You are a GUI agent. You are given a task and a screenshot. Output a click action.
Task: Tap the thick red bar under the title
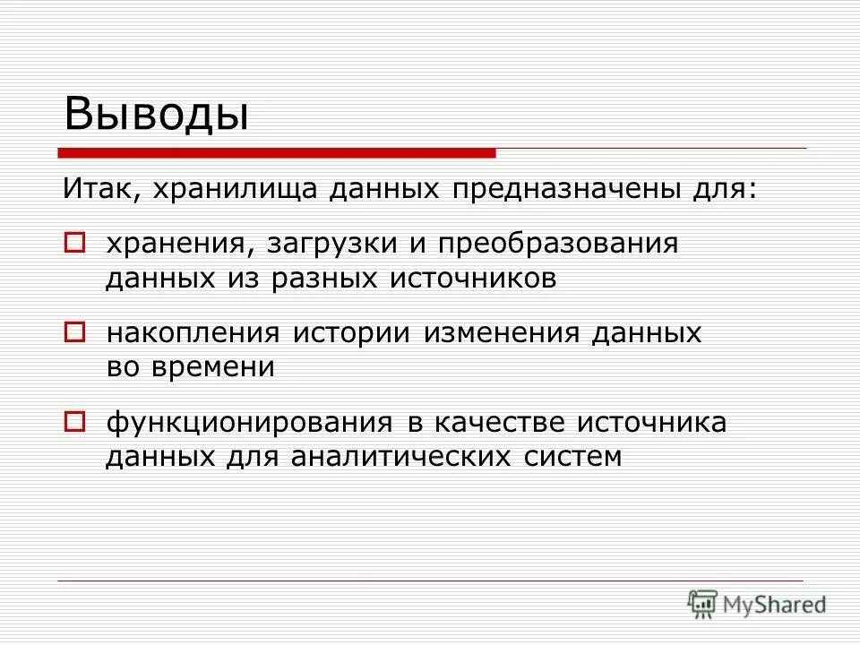pos(278,153)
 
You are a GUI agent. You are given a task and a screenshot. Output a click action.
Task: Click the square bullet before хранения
pos(75,242)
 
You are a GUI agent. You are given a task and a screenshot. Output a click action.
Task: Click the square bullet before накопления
pos(75,332)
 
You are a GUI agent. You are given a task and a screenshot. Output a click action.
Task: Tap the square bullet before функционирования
pos(75,420)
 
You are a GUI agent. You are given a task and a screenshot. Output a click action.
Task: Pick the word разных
pos(322,279)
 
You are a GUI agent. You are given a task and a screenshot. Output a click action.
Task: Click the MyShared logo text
pos(776,605)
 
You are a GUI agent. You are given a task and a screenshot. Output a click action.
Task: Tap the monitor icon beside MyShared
pos(703,603)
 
